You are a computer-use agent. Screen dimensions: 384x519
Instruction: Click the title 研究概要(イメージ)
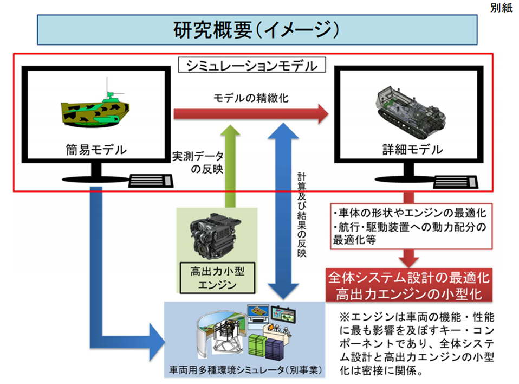coord(256,29)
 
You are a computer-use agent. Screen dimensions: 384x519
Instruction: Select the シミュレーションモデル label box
coord(252,66)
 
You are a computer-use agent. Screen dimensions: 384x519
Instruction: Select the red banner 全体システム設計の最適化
coord(409,278)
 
